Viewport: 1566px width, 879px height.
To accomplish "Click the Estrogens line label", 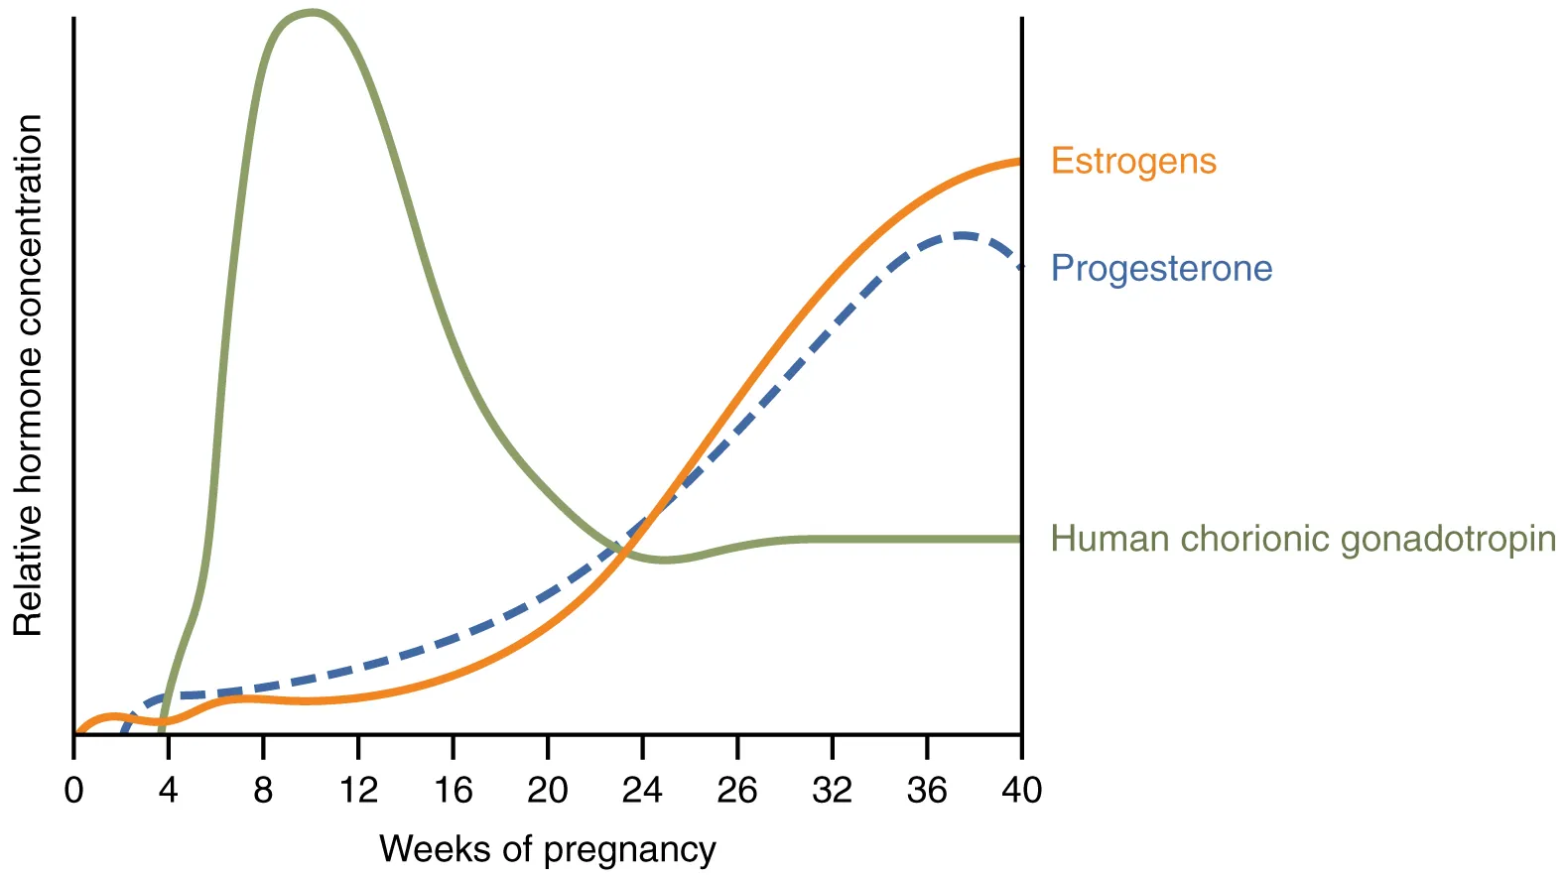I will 1133,161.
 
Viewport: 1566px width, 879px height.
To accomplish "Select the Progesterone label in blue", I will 1161,268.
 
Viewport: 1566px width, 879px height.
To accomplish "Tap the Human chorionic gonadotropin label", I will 1302,539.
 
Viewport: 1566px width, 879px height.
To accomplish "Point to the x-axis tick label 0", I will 73,790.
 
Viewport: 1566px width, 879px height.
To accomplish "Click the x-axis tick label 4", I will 168,790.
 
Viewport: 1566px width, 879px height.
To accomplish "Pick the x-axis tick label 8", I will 263,790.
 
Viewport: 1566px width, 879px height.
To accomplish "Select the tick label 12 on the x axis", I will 358,790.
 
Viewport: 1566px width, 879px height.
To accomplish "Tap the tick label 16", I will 453,790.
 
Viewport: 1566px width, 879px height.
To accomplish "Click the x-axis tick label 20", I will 548,790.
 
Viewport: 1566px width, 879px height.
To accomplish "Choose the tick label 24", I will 642,790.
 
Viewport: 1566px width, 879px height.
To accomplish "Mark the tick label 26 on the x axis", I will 737,790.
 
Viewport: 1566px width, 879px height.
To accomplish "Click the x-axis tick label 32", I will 832,790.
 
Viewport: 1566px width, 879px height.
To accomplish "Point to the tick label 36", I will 927,790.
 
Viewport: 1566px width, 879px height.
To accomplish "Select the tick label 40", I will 1021,790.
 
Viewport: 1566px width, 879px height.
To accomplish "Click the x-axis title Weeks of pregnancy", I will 547,849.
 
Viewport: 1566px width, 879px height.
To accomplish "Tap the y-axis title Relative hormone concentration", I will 28,375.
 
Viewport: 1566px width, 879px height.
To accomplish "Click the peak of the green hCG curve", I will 313,13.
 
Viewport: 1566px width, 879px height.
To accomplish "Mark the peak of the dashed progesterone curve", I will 961,235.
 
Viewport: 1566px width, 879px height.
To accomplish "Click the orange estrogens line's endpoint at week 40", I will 1019,161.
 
